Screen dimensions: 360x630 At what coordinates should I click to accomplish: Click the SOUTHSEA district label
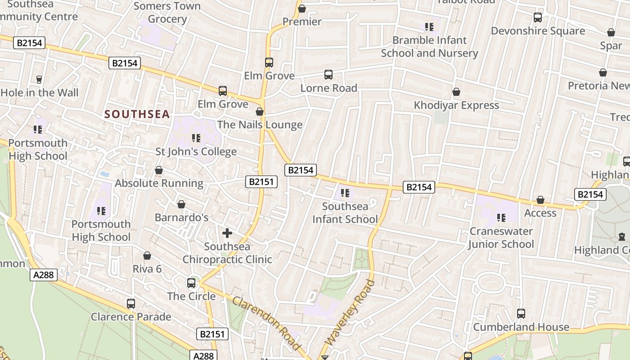[137, 114]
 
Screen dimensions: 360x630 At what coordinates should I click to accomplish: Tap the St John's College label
[196, 151]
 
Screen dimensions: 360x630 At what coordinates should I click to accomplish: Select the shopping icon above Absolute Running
[159, 170]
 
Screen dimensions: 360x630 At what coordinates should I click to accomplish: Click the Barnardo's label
[181, 217]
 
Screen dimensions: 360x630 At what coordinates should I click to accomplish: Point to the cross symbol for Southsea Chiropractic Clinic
[227, 233]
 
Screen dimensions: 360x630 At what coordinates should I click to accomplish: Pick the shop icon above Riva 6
[147, 256]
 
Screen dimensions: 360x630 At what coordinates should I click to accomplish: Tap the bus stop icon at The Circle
[191, 283]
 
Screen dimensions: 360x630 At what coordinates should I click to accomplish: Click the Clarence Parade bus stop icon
[131, 304]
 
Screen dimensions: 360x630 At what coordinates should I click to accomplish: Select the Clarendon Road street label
[266, 323]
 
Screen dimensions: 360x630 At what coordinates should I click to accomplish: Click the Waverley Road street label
[350, 313]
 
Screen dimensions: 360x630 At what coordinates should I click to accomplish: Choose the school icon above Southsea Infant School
[345, 193]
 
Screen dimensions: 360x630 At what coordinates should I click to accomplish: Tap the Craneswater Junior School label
[501, 238]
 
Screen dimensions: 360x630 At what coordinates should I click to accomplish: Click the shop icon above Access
[540, 200]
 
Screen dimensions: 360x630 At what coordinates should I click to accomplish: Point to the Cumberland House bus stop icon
[521, 314]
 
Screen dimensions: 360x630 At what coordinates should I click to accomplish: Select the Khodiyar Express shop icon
[456, 92]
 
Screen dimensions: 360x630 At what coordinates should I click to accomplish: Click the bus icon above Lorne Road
[328, 75]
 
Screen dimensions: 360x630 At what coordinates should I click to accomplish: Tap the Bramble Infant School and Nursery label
[429, 46]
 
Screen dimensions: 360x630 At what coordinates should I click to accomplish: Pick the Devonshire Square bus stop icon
[538, 18]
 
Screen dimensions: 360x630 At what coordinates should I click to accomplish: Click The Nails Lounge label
[260, 125]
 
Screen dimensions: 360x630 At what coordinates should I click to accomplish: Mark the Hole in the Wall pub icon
[39, 80]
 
